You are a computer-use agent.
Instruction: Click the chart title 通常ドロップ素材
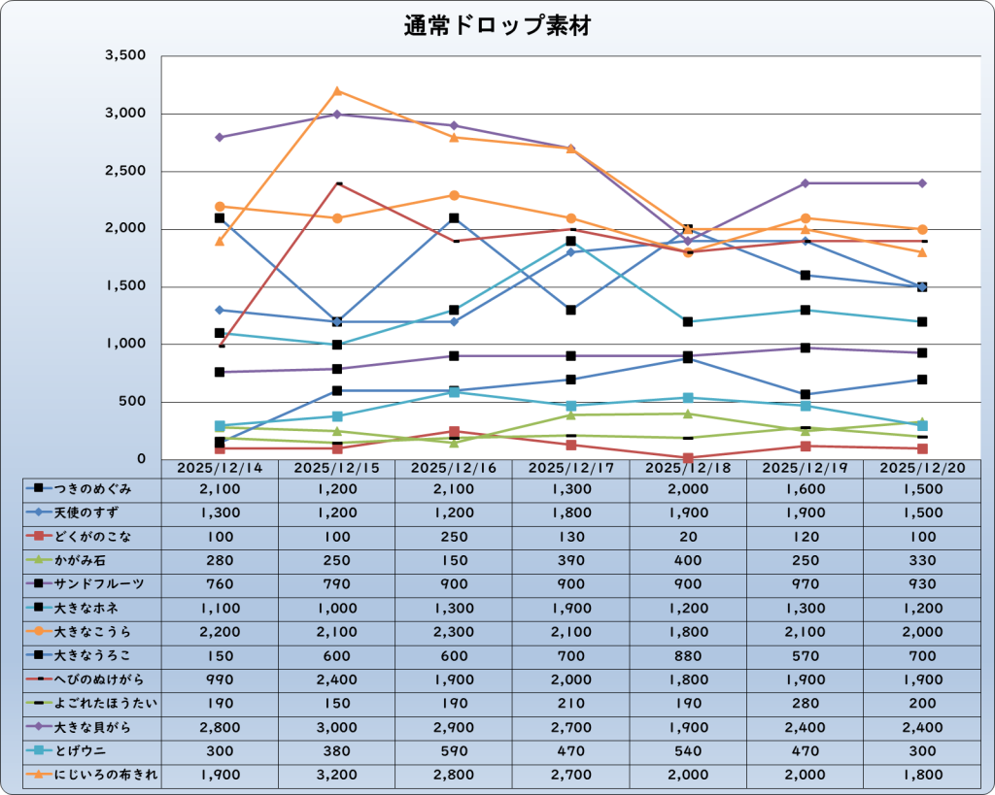[497, 27]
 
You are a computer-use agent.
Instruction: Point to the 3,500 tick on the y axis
[125, 56]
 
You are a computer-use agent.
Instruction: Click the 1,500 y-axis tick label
[125, 286]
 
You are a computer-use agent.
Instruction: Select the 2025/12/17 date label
[570, 468]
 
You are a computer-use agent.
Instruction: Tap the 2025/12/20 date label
[921, 468]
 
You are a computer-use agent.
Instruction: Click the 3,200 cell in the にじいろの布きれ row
[336, 774]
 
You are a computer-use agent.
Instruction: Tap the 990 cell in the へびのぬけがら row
[220, 679]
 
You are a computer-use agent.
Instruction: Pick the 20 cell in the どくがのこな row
[687, 536]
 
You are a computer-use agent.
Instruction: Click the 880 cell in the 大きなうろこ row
[687, 655]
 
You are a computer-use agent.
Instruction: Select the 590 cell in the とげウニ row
[454, 750]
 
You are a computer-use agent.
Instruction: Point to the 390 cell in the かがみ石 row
[570, 560]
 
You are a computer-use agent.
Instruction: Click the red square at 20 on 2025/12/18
[688, 458]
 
